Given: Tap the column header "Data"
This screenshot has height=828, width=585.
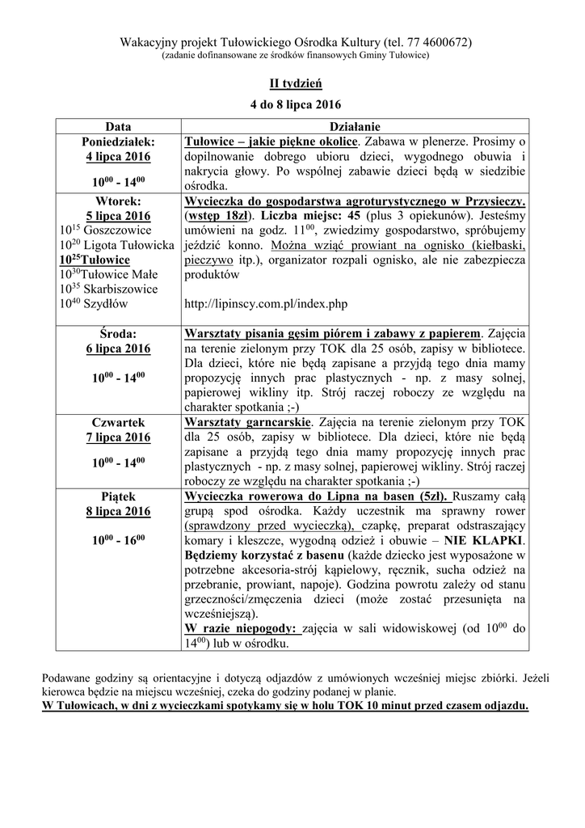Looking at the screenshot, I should (x=118, y=126).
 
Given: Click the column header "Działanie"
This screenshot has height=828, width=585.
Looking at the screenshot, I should (x=356, y=126).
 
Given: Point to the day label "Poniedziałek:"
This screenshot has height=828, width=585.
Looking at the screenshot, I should (x=118, y=141).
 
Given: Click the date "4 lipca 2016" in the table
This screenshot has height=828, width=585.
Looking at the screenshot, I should (x=118, y=156).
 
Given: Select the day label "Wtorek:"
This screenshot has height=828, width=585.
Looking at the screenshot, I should (x=118, y=201).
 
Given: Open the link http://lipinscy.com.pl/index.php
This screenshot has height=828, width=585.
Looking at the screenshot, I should (x=266, y=303).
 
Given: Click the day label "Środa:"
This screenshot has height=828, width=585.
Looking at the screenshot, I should (x=118, y=333).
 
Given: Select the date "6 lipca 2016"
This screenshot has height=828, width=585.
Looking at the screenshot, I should (x=118, y=349).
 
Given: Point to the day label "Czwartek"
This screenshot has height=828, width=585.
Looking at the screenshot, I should (x=118, y=422).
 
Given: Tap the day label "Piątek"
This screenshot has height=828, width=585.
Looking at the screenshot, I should (x=118, y=496).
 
